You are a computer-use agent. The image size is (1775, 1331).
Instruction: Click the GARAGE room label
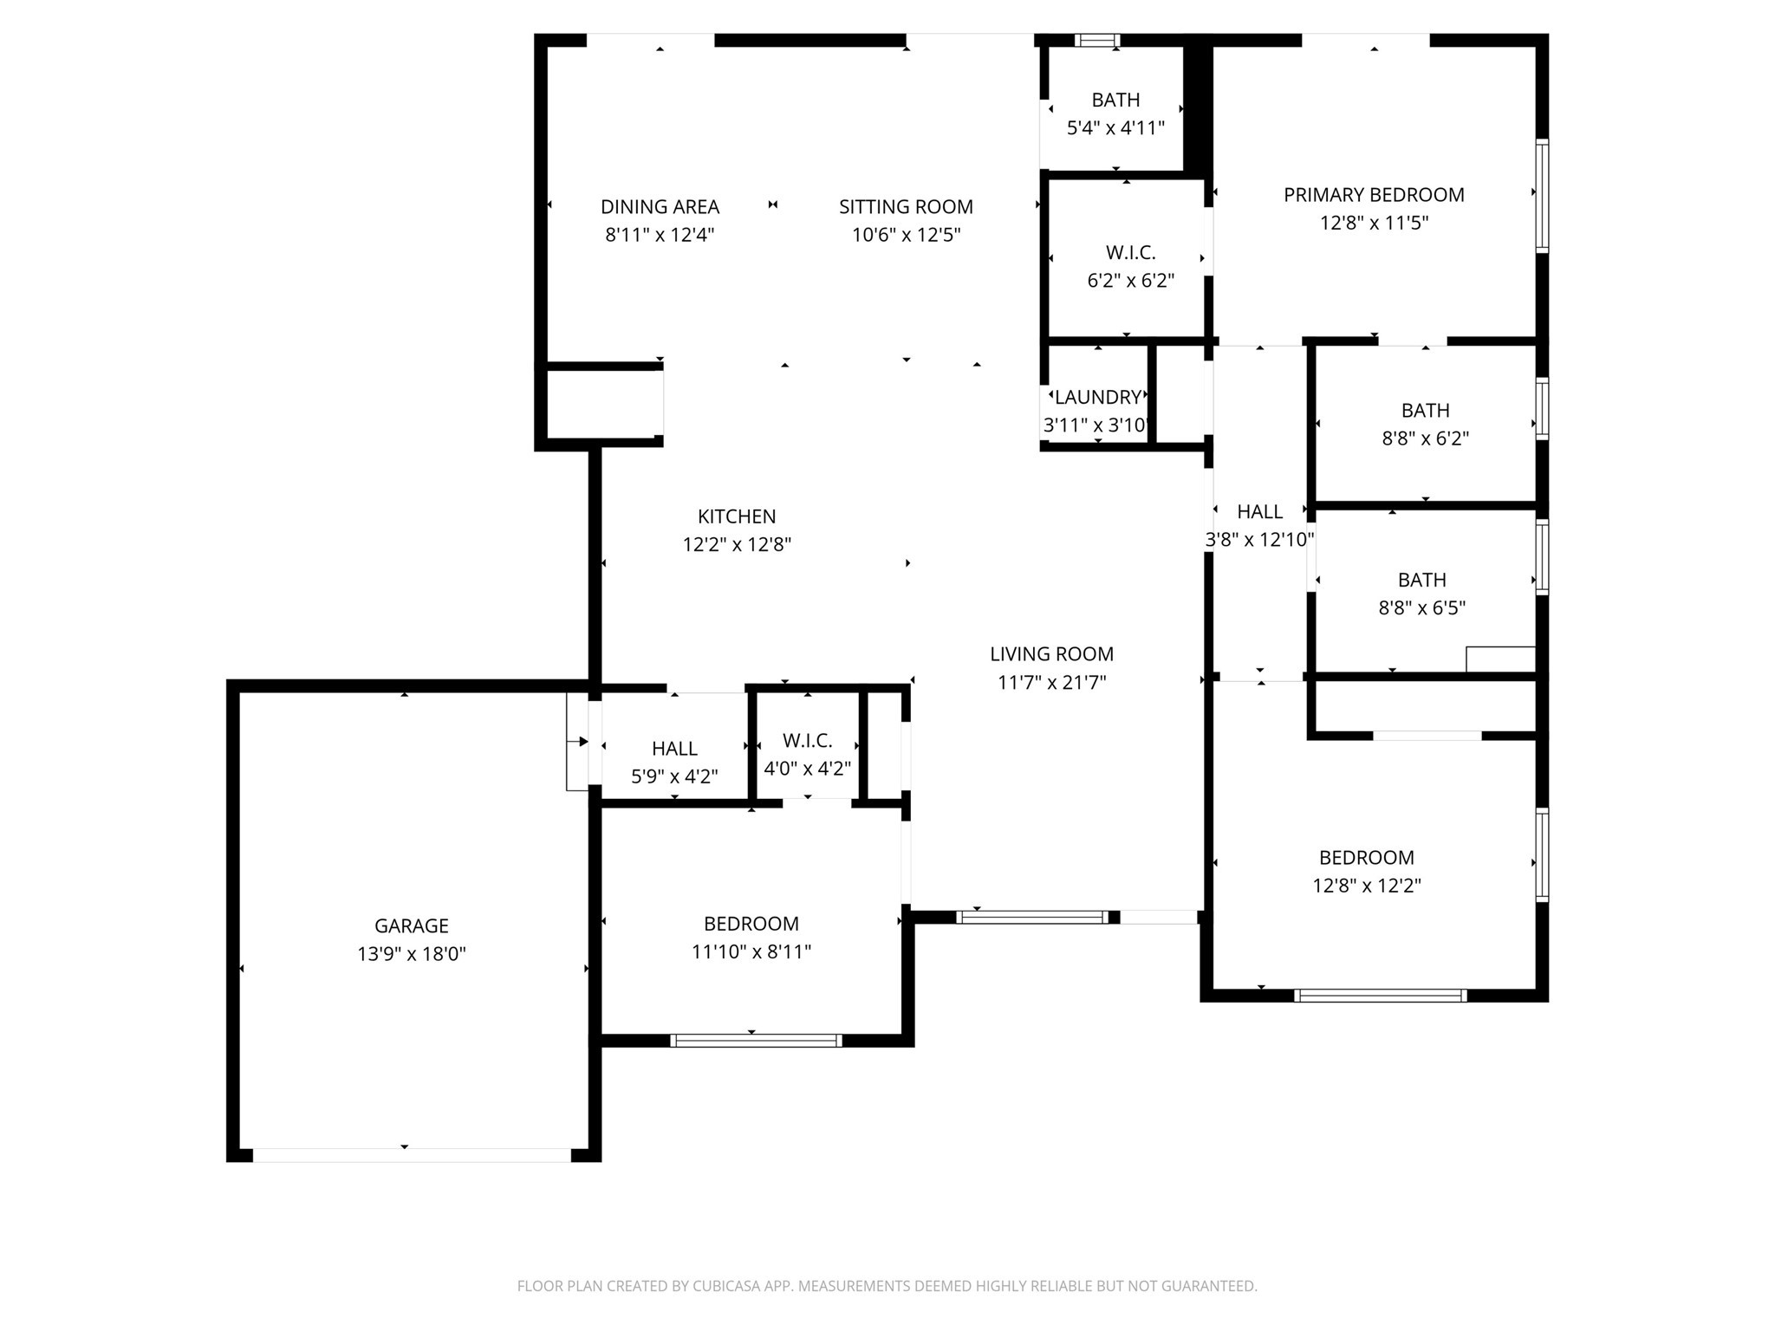point(411,925)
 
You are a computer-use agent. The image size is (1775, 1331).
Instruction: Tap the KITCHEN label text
point(736,516)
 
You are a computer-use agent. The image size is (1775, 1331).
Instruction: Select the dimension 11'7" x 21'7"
point(1051,683)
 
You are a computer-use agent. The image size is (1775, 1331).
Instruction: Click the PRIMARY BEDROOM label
point(1374,195)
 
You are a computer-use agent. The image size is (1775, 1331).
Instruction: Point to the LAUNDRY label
point(1097,398)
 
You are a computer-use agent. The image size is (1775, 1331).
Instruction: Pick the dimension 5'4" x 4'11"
point(1115,128)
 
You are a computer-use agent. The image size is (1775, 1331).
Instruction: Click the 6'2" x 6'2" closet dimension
point(1130,281)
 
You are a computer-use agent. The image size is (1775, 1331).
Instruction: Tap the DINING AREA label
point(660,207)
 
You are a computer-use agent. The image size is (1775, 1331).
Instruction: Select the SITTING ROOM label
point(906,207)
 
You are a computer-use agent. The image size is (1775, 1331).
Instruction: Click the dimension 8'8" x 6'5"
point(1421,608)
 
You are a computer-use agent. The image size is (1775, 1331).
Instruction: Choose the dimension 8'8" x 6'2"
point(1425,438)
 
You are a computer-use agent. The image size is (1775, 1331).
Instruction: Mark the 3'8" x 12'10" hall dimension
point(1259,540)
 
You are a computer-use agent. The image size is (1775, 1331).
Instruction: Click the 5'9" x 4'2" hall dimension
point(674,776)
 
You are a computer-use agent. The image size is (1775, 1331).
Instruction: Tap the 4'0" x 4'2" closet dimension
point(807,769)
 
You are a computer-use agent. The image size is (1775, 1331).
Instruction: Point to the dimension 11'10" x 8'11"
point(751,952)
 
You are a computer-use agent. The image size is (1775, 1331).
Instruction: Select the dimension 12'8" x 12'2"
point(1366,886)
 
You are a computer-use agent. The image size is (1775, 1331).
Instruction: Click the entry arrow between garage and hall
point(582,742)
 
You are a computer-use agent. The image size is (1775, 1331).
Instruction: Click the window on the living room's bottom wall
point(1031,917)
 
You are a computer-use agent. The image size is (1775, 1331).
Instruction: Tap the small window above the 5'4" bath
point(1097,40)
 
